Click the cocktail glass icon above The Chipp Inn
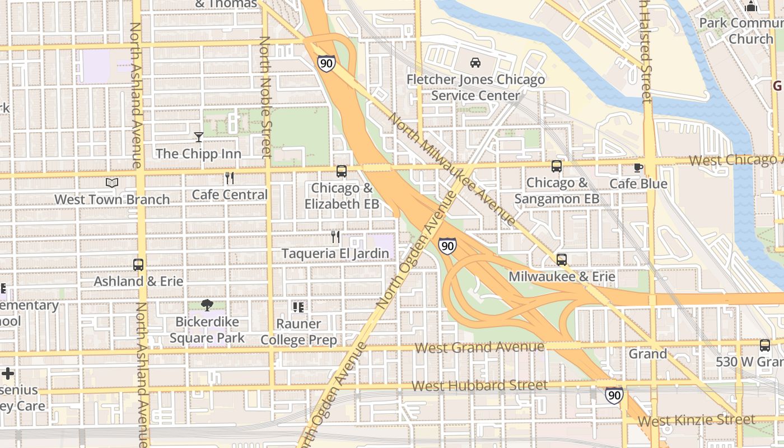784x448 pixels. point(199,137)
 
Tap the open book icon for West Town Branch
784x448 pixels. point(112,183)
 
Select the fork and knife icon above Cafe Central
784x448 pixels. point(229,178)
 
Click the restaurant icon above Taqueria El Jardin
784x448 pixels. point(335,237)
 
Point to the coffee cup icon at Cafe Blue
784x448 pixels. point(638,167)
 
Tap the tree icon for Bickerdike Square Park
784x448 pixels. point(207,305)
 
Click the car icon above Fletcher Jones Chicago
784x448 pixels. point(475,63)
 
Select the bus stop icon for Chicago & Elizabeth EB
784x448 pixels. point(341,171)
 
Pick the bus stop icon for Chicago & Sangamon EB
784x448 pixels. point(556,166)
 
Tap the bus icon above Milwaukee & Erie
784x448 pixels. point(562,260)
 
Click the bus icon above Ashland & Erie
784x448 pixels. point(138,265)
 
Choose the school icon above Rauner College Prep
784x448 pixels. point(298,307)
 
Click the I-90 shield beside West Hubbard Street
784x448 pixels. point(614,395)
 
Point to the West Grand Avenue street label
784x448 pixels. point(479,348)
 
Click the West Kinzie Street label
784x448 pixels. point(697,420)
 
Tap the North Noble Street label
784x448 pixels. point(265,98)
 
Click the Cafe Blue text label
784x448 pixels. point(638,184)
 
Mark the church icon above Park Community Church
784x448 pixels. point(751,7)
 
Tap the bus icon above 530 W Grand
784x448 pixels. point(764,346)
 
